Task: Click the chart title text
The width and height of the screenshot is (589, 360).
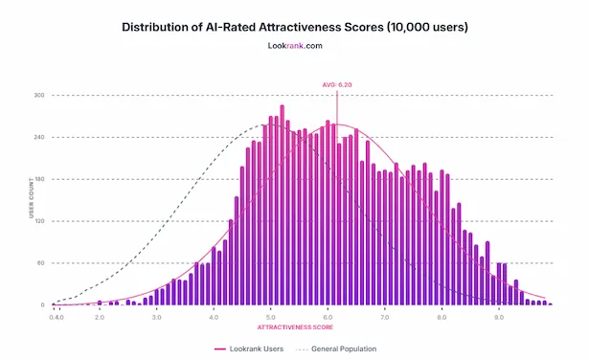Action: (x=295, y=26)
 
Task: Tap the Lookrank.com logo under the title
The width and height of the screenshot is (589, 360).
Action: (x=294, y=45)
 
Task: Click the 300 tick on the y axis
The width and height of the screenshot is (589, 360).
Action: (x=40, y=96)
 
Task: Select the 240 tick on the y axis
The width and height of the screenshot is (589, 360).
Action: (x=40, y=138)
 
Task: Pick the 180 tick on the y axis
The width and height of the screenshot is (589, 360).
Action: (x=40, y=179)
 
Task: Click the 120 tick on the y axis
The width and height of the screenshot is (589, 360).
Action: (x=40, y=221)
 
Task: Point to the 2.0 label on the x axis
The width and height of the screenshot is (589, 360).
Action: (x=99, y=315)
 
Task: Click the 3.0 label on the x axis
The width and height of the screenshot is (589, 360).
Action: (x=156, y=315)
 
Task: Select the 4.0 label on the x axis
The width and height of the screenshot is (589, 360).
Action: (x=214, y=315)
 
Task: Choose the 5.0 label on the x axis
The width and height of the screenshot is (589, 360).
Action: (x=271, y=315)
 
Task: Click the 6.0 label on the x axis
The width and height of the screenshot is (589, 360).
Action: (x=328, y=315)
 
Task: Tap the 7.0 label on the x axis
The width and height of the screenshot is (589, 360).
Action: (x=385, y=315)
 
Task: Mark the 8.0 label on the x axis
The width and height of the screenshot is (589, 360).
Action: (x=442, y=315)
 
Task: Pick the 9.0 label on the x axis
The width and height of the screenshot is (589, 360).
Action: (x=499, y=315)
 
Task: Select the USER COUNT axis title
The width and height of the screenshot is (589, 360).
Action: (x=32, y=200)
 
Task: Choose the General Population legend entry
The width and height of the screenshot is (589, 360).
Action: (x=337, y=349)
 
